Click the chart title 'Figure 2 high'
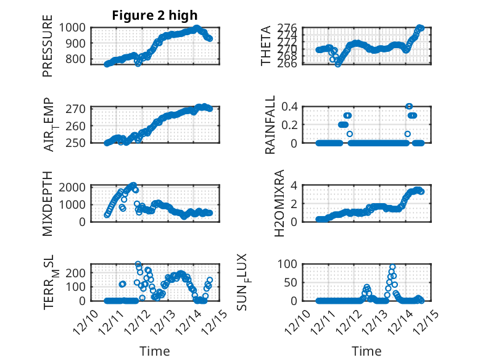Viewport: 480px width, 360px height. coord(155,15)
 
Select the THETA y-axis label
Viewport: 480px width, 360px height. coord(266,46)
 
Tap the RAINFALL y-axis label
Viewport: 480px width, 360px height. coord(270,125)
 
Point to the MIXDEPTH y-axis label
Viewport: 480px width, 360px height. coord(48,203)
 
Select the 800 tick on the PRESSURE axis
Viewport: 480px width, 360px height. coord(79,59)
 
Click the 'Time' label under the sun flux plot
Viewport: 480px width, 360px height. coord(366,351)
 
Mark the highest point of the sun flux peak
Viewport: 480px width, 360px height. coord(392,267)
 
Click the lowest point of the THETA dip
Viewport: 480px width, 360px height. coord(338,64)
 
